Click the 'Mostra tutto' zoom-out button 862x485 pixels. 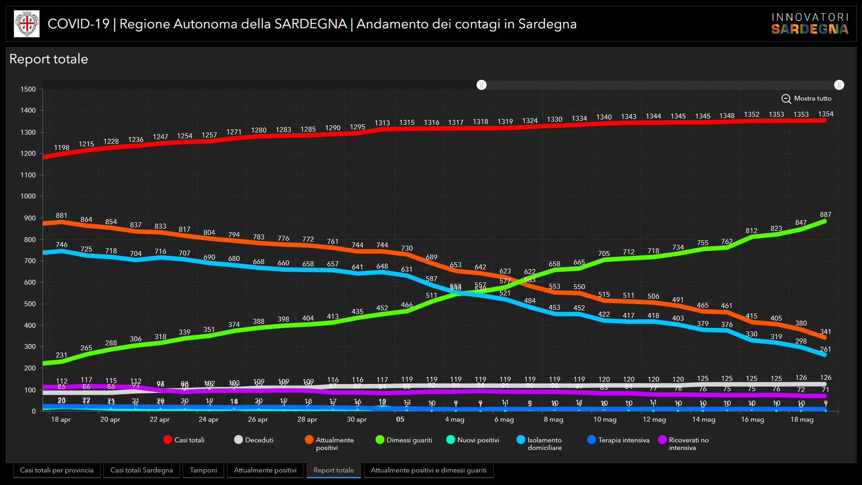tap(806, 98)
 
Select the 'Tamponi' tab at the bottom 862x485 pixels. tap(203, 470)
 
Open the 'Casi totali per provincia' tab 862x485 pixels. tap(57, 470)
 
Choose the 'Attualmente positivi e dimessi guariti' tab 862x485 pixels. tap(428, 470)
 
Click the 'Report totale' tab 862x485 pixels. tap(334, 470)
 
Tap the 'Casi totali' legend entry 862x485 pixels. tap(184, 440)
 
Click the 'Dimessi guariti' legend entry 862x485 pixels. tap(404, 440)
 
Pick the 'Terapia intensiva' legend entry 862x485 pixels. tap(618, 440)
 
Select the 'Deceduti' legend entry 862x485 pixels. tap(254, 440)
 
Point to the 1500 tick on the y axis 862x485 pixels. tap(28, 89)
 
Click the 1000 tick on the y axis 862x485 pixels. tap(28, 196)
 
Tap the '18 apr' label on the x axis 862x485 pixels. tap(61, 419)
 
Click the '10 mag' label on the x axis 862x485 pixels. tap(605, 419)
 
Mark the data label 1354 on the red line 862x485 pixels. tap(826, 114)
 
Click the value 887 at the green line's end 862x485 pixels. tap(826, 215)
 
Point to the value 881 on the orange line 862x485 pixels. tap(62, 216)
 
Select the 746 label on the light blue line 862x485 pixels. tap(62, 245)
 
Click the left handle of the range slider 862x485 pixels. tap(481, 85)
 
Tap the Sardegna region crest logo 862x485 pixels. tap(27, 24)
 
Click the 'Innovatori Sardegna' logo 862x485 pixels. tap(810, 24)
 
